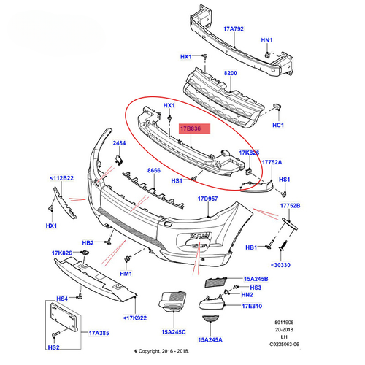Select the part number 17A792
coord(234,30)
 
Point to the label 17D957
coord(207,197)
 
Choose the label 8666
coord(153,170)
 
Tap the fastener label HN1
coord(267,40)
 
